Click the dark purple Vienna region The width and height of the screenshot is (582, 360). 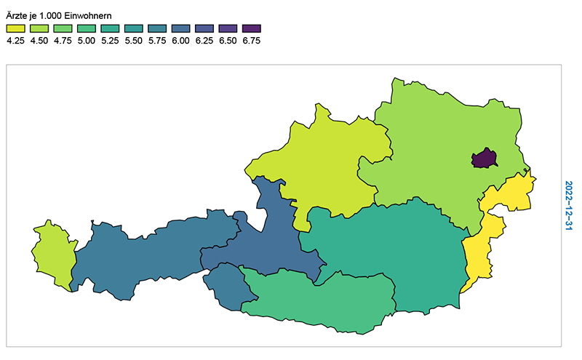(x=484, y=159)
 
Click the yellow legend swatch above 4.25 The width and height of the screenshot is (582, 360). (x=15, y=28)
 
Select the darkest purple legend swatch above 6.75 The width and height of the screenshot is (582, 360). (x=251, y=28)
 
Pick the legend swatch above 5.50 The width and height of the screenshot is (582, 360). (x=133, y=28)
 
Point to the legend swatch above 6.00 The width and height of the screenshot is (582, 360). (x=180, y=28)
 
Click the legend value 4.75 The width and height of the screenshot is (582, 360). (x=63, y=41)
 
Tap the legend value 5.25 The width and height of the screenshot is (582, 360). (x=110, y=41)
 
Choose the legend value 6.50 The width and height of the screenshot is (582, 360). (x=228, y=41)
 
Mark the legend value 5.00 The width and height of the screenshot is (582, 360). (x=86, y=41)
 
